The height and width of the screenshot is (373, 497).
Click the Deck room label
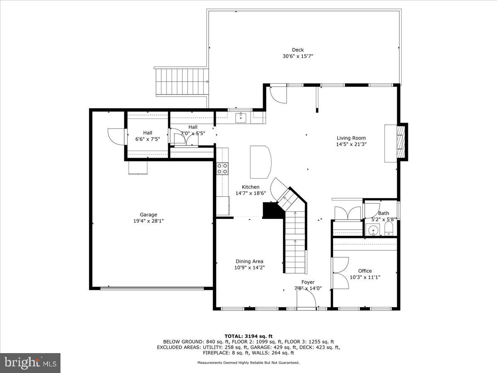point(297,50)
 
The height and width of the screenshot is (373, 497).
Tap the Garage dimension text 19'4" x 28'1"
point(148,221)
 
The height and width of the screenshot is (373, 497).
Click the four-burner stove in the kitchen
point(222,168)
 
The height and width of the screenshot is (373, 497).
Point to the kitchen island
point(261,160)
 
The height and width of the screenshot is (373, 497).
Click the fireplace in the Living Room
point(400,142)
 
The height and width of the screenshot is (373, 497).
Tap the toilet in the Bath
point(389,229)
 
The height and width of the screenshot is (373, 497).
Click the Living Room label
point(351,138)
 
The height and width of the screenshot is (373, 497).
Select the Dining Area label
point(249,261)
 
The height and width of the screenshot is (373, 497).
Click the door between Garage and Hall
point(117,136)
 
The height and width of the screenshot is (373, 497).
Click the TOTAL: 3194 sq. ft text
point(248,336)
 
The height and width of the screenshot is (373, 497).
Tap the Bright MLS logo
point(30,363)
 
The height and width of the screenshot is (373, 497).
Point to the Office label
point(365,271)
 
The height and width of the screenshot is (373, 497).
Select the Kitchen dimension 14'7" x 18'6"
point(251,193)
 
